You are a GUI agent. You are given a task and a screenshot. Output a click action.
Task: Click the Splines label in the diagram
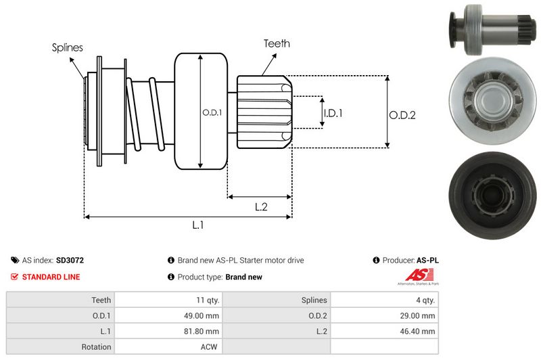tap(68, 47)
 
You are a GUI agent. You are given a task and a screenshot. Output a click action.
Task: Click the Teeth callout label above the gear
tap(276, 43)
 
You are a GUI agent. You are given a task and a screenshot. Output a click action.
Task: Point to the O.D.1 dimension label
tap(212, 112)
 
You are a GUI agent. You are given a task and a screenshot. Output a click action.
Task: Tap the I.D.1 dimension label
tap(333, 113)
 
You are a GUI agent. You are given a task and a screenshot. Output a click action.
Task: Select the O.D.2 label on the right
tap(402, 115)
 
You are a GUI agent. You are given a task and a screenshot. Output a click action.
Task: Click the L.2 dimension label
tap(261, 207)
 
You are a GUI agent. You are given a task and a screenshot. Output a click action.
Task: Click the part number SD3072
tap(70, 260)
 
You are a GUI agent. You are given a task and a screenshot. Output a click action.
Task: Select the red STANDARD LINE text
tap(51, 277)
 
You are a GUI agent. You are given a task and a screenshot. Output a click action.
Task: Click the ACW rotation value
tap(210, 346)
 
